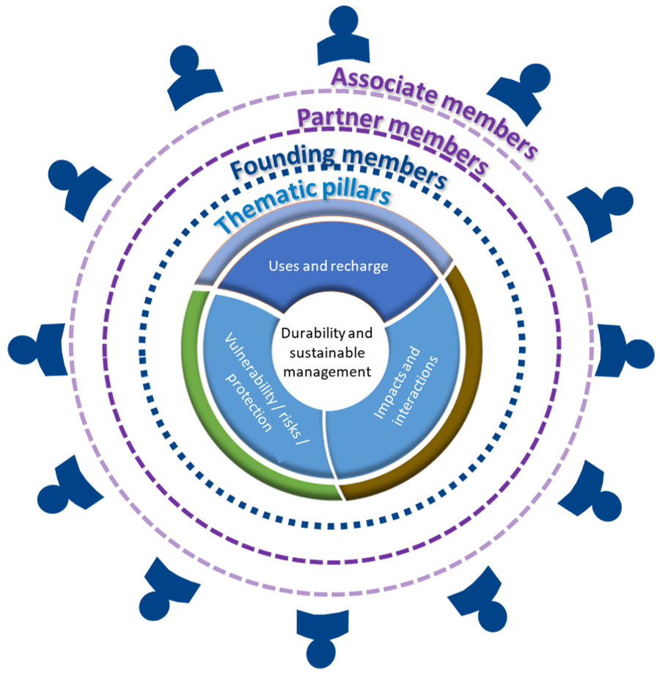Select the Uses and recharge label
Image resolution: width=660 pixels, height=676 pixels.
tap(328, 266)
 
